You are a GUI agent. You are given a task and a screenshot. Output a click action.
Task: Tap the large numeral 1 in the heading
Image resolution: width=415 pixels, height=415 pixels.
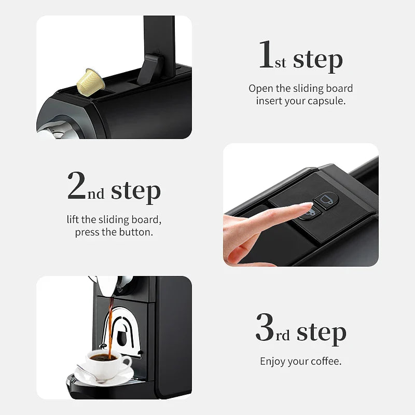266,56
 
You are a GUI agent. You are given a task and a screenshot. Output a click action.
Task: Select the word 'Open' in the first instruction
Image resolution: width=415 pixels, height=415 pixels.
261,88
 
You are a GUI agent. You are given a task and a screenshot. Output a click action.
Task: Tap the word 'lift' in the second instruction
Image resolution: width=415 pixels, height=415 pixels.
73,219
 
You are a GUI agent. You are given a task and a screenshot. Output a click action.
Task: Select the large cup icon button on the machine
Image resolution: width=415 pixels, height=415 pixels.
327,199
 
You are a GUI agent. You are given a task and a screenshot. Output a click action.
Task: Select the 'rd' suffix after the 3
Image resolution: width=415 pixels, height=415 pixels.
283,336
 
